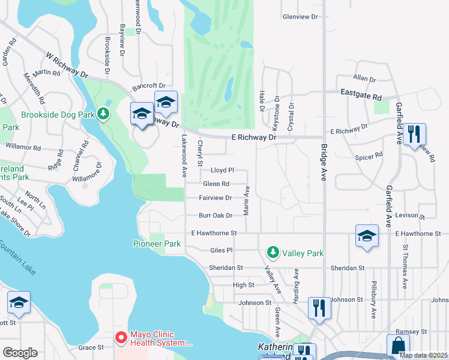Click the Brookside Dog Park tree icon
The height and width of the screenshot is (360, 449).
[x=104, y=113]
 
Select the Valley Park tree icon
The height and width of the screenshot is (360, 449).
[x=273, y=253]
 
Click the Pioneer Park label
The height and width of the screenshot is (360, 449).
[x=157, y=244]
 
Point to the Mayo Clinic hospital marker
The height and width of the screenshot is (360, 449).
[x=121, y=339]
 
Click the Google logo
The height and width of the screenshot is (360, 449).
[x=20, y=353]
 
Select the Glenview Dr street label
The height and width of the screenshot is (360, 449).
[x=300, y=17]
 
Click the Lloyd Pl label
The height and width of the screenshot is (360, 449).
[x=221, y=170]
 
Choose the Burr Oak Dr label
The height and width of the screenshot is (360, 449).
[x=215, y=215]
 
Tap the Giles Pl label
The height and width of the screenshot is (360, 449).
[x=221, y=250]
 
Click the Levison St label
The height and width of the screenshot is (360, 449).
[x=409, y=216]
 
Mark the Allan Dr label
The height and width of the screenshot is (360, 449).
[x=364, y=79]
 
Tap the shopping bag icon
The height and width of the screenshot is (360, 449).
[x=397, y=346]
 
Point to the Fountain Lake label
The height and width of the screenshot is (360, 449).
[x=17, y=257]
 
